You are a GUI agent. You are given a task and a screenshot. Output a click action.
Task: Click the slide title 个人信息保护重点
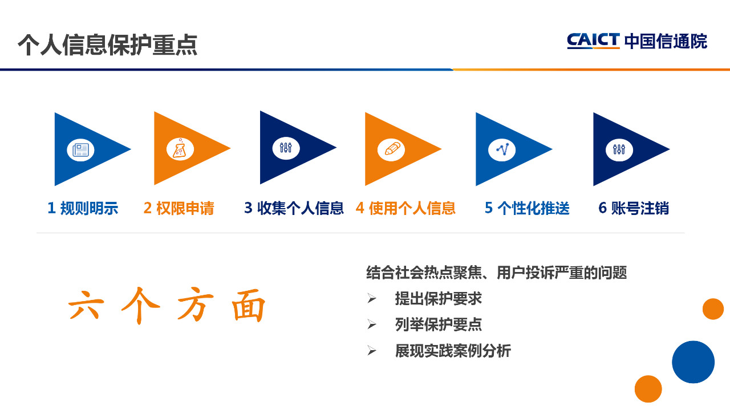coord(108,44)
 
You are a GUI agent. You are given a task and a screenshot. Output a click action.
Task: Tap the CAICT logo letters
coord(593,40)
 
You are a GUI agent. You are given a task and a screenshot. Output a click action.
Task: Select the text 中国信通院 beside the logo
coord(666,42)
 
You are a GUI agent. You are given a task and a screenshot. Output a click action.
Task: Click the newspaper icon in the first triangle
coord(80,150)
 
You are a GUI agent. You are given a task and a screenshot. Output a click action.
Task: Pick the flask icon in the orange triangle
coord(180,149)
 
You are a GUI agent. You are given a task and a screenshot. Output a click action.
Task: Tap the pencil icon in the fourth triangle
coord(392,149)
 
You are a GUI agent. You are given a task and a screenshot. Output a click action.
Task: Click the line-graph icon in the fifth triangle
coord(502,149)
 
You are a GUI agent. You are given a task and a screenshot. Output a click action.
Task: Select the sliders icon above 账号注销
coord(619,149)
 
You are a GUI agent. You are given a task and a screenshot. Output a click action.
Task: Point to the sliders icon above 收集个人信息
coord(286,148)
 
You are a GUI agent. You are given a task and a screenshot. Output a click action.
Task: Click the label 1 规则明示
coord(83,208)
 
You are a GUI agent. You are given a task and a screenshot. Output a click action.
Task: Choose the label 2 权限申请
coord(179,208)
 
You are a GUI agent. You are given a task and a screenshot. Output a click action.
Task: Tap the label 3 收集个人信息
coord(294,208)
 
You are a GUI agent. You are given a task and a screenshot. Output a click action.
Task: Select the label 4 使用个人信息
coord(405,208)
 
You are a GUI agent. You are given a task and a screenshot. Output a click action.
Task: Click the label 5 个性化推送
coord(527,208)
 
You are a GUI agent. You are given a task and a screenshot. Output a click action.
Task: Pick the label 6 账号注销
coord(634,208)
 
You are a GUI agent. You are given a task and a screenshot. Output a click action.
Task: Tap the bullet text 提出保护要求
coord(439,299)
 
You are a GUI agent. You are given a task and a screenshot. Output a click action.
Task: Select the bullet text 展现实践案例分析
coord(453,351)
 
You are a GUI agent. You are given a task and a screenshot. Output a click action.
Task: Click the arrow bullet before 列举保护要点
coord(371,324)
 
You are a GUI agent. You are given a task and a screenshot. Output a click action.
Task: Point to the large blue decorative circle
coord(693,362)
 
